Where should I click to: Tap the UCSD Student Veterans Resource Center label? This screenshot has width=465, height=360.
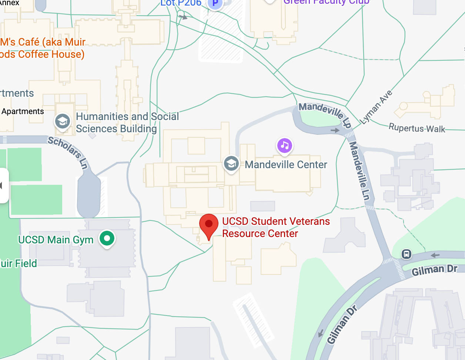[x=275, y=227]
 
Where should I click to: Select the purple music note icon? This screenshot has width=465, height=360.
[x=285, y=146]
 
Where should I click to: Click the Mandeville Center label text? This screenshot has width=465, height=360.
[x=286, y=164]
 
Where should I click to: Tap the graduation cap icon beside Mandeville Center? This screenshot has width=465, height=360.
[x=231, y=163]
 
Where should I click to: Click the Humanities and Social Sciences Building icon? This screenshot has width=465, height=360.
[x=63, y=121]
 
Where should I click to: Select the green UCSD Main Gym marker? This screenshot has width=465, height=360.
[x=107, y=238]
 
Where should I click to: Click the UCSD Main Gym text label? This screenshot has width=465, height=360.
[x=56, y=240]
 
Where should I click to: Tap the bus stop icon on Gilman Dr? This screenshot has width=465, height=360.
[x=407, y=254]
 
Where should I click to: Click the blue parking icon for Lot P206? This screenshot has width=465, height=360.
[x=215, y=4]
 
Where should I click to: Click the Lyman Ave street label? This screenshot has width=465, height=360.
[x=376, y=107]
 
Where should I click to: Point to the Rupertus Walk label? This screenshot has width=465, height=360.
[x=417, y=128]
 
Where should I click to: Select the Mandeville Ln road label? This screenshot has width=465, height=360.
[x=359, y=171]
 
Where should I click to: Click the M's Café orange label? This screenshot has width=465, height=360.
[x=42, y=48]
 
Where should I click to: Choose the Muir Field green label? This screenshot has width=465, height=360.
[x=19, y=263]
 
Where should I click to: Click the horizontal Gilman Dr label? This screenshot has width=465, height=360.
[x=434, y=270]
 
